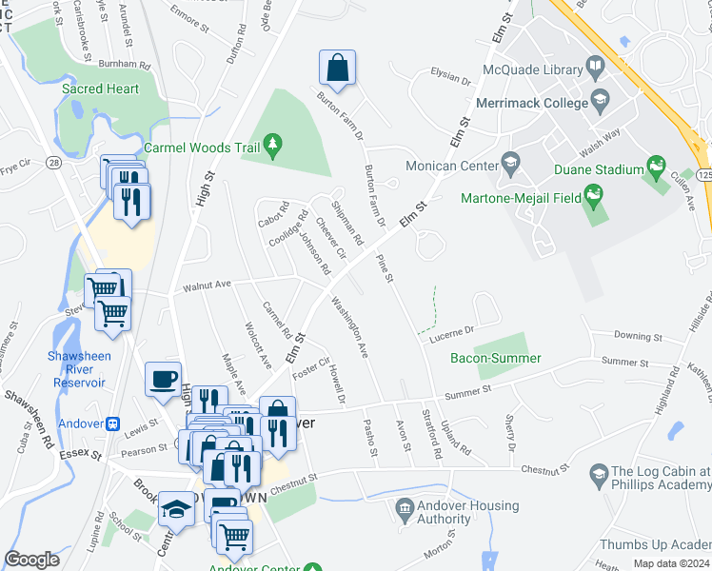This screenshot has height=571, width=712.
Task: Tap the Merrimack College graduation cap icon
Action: point(600,98)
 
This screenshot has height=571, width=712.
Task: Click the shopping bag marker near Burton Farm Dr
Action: point(337,68)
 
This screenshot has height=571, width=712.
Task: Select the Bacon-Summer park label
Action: point(496,359)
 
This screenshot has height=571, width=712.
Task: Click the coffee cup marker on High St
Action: point(163,380)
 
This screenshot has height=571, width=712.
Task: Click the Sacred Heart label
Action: point(101,89)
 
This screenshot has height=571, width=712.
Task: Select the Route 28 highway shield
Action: point(54,164)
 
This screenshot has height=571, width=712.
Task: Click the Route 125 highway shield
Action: point(703,176)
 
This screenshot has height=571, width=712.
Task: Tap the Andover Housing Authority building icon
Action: point(404,512)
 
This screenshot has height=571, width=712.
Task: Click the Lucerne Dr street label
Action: point(451,332)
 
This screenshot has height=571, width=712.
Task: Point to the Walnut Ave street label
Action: point(208,285)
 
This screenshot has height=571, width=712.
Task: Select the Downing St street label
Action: point(638,337)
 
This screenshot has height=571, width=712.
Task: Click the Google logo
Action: point(32,560)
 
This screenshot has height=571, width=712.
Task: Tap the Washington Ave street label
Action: point(348,327)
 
